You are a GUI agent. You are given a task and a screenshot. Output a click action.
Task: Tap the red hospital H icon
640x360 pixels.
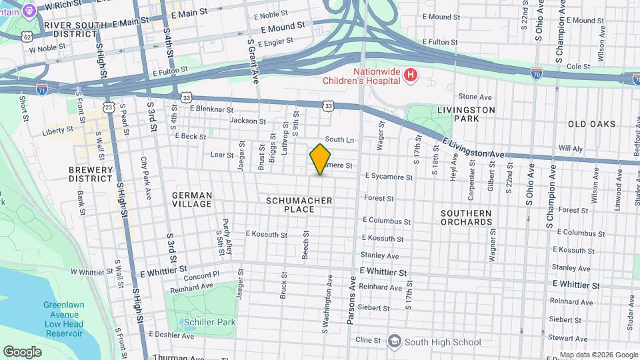[411, 76]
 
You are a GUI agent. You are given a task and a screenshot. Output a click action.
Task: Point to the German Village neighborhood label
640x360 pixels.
[192, 199]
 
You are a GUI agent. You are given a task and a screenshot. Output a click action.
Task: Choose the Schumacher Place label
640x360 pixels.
[299, 205]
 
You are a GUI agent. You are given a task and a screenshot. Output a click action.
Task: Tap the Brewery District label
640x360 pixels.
[91, 174]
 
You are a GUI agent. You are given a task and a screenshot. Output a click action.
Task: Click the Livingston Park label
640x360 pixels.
[467, 114]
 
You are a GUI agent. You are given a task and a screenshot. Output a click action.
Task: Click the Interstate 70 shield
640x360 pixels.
[537, 71]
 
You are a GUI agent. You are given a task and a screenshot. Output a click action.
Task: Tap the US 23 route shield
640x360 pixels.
[109, 106]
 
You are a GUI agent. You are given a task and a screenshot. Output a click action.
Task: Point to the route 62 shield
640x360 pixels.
[26, 37]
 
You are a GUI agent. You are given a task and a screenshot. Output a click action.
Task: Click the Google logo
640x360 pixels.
[22, 351]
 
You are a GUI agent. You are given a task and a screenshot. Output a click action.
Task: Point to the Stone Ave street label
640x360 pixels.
[475, 97]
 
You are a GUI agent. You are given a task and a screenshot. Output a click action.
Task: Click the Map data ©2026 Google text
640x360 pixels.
[597, 355]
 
